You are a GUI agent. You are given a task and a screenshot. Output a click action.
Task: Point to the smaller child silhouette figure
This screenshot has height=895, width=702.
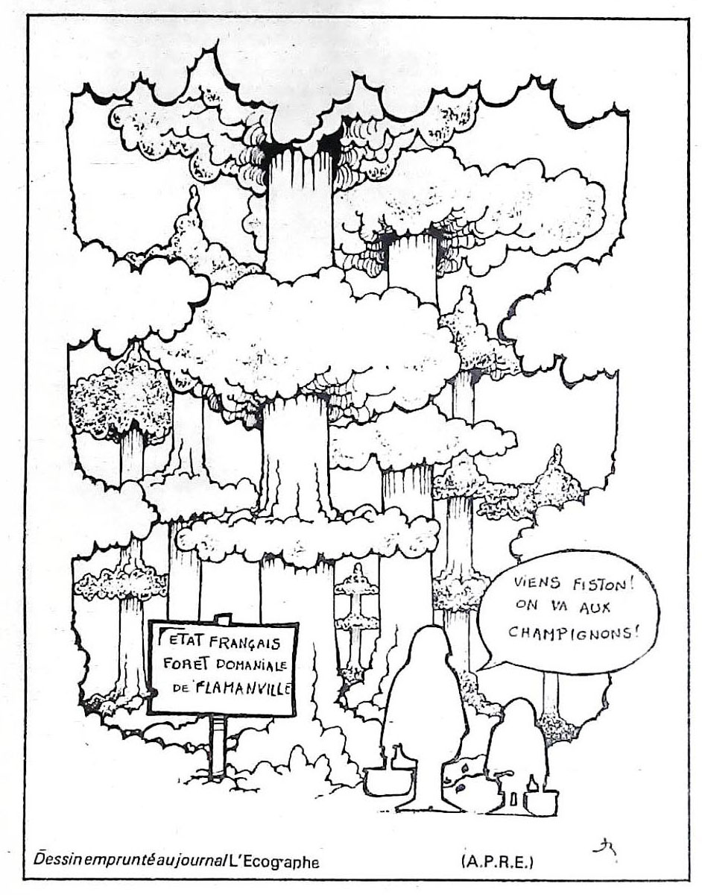point(515,746)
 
